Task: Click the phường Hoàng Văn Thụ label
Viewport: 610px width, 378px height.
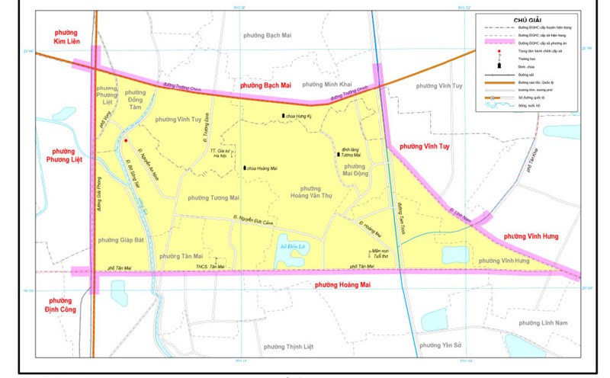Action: click(310, 193)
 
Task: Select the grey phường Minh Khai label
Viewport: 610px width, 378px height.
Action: click(326, 84)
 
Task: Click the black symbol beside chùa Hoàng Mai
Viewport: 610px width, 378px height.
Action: click(244, 168)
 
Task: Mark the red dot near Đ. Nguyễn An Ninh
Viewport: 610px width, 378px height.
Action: click(126, 141)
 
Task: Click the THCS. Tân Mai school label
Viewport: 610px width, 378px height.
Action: click(211, 267)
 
